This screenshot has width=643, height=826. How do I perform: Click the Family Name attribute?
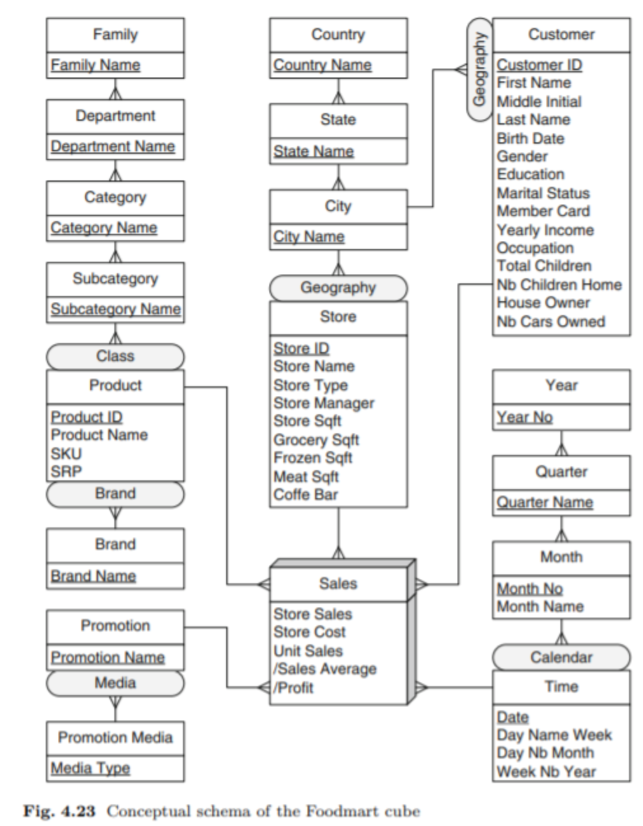click(95, 65)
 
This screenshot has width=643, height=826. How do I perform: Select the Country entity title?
click(338, 34)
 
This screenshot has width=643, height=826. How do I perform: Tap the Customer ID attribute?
click(539, 65)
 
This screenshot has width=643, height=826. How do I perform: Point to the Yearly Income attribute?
click(545, 230)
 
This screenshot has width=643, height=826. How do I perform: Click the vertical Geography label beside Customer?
click(480, 69)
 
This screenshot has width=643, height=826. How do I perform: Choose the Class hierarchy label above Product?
click(115, 356)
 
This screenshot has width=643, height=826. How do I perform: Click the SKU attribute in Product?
click(66, 454)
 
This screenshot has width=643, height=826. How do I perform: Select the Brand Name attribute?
click(93, 576)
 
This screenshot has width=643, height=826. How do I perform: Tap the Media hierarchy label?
click(115, 683)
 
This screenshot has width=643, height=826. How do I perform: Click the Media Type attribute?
click(90, 768)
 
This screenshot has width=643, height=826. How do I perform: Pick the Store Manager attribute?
click(323, 403)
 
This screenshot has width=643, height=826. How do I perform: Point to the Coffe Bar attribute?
click(306, 494)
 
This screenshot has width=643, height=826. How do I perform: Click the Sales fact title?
click(338, 583)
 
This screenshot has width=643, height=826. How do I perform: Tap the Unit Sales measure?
click(308, 651)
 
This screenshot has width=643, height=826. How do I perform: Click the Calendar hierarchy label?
click(561, 657)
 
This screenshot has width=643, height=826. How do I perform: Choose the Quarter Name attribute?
click(545, 502)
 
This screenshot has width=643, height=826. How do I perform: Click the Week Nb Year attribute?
click(546, 771)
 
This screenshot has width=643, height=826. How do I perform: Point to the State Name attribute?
click(313, 151)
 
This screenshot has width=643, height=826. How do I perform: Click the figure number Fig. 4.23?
click(59, 811)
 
